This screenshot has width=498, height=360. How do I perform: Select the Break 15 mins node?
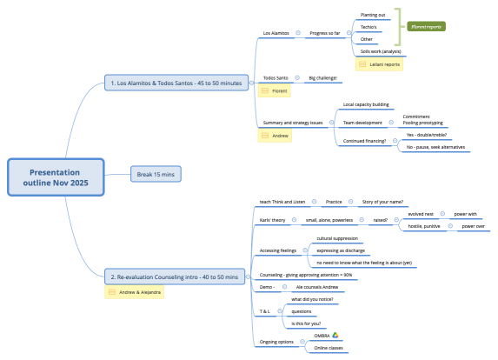click(x=156, y=174)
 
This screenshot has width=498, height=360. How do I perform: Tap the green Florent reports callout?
click(x=425, y=27)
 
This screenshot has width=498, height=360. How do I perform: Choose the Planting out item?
click(x=374, y=15)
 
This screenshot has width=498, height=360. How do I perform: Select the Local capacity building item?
click(x=366, y=103)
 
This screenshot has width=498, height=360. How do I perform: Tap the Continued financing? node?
click(x=365, y=141)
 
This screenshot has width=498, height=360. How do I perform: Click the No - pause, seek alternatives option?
click(x=435, y=147)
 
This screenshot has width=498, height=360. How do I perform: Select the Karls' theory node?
click(x=274, y=220)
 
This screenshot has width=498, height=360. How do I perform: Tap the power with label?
click(x=466, y=213)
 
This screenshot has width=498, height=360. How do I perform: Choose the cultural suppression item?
click(x=337, y=238)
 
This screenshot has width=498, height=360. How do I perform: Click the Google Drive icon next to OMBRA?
click(x=335, y=335)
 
